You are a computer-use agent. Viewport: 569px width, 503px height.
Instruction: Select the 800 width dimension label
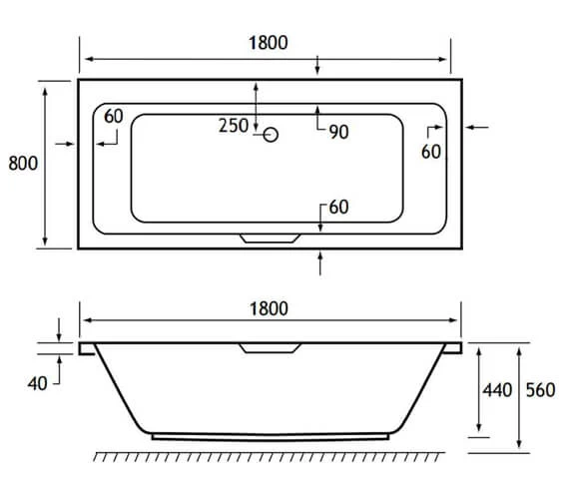23,164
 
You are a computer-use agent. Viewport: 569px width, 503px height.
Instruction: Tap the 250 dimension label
235,126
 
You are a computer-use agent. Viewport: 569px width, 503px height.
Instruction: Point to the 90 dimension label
337,132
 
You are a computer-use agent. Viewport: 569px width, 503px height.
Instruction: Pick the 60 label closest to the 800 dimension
113,117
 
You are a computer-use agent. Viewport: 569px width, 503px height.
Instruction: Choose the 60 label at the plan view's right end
431,152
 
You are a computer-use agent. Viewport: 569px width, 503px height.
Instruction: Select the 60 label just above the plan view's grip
337,208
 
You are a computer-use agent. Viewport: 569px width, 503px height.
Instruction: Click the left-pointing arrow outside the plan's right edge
476,127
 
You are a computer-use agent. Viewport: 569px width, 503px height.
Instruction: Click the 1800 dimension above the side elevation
269,307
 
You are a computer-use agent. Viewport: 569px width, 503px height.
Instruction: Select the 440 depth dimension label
495,390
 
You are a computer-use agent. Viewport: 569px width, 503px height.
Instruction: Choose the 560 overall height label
540,390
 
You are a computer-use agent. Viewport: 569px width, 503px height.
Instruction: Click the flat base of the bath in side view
270,436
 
